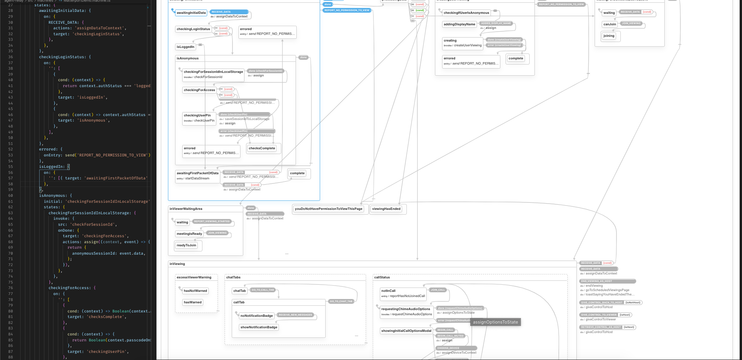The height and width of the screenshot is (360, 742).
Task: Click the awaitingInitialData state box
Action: click(191, 13)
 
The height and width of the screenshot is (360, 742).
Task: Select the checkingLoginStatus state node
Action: click(193, 29)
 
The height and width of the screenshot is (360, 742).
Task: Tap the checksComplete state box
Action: click(262, 148)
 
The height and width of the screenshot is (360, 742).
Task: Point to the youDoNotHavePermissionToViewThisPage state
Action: click(328, 209)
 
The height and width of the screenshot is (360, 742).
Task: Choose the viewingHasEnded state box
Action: click(386, 209)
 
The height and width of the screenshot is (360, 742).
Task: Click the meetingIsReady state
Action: click(189, 234)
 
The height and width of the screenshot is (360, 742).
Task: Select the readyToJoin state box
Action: click(187, 245)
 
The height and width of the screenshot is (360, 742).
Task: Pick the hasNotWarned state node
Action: click(195, 291)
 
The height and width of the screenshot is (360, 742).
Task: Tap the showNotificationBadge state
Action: click(259, 327)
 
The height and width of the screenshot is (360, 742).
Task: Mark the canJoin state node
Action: click(610, 24)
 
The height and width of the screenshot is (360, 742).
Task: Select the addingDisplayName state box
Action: click(459, 24)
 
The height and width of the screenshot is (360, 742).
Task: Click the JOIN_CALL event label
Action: click(438, 290)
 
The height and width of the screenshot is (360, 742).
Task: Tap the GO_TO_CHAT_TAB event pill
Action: click(341, 301)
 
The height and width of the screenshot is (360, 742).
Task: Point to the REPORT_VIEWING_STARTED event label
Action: click(212, 221)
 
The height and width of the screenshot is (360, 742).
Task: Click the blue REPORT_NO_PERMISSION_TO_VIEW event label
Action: click(347, 10)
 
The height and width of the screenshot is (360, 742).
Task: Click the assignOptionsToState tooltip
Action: click(495, 322)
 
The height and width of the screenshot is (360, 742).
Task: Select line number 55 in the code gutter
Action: click(10, 167)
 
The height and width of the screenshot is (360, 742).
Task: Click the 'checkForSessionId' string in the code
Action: click(93, 225)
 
